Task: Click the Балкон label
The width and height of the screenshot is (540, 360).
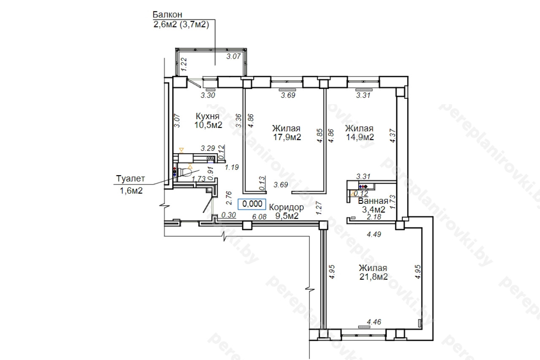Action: point(167,15)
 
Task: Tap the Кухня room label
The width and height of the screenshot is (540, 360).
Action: point(208,116)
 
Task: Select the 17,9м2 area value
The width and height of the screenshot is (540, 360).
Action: point(287,137)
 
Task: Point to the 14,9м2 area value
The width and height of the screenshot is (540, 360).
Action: point(360,137)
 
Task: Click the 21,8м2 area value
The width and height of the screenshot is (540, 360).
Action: point(373,276)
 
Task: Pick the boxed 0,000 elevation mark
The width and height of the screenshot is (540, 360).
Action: point(252,204)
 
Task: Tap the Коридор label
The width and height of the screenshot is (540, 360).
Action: point(286,207)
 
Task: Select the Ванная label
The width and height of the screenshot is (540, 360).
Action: point(373,201)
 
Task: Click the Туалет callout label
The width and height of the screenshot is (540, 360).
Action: point(130,179)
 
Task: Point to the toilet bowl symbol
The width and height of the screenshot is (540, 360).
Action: point(185,172)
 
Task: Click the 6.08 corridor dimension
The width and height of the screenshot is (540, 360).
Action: point(259,217)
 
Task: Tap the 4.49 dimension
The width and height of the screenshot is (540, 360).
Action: point(374,234)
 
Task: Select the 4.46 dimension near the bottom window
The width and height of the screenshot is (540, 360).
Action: point(374,322)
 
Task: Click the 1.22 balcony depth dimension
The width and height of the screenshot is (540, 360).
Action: point(184,64)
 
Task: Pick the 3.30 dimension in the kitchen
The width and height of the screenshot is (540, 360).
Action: point(208,95)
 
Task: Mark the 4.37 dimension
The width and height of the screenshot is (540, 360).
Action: point(393,135)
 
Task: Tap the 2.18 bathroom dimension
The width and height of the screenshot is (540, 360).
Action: point(374,217)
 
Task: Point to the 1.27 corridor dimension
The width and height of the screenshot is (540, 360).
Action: point(319,208)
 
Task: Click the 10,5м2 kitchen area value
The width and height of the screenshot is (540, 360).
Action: point(208,125)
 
